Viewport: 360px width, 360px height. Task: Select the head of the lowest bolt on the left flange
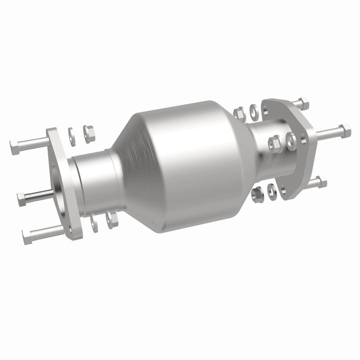tap(27, 233)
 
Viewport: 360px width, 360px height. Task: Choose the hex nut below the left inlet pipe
tap(111, 217)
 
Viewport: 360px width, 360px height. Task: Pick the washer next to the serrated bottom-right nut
tap(271, 189)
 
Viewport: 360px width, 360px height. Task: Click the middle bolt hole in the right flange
tap(289, 140)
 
